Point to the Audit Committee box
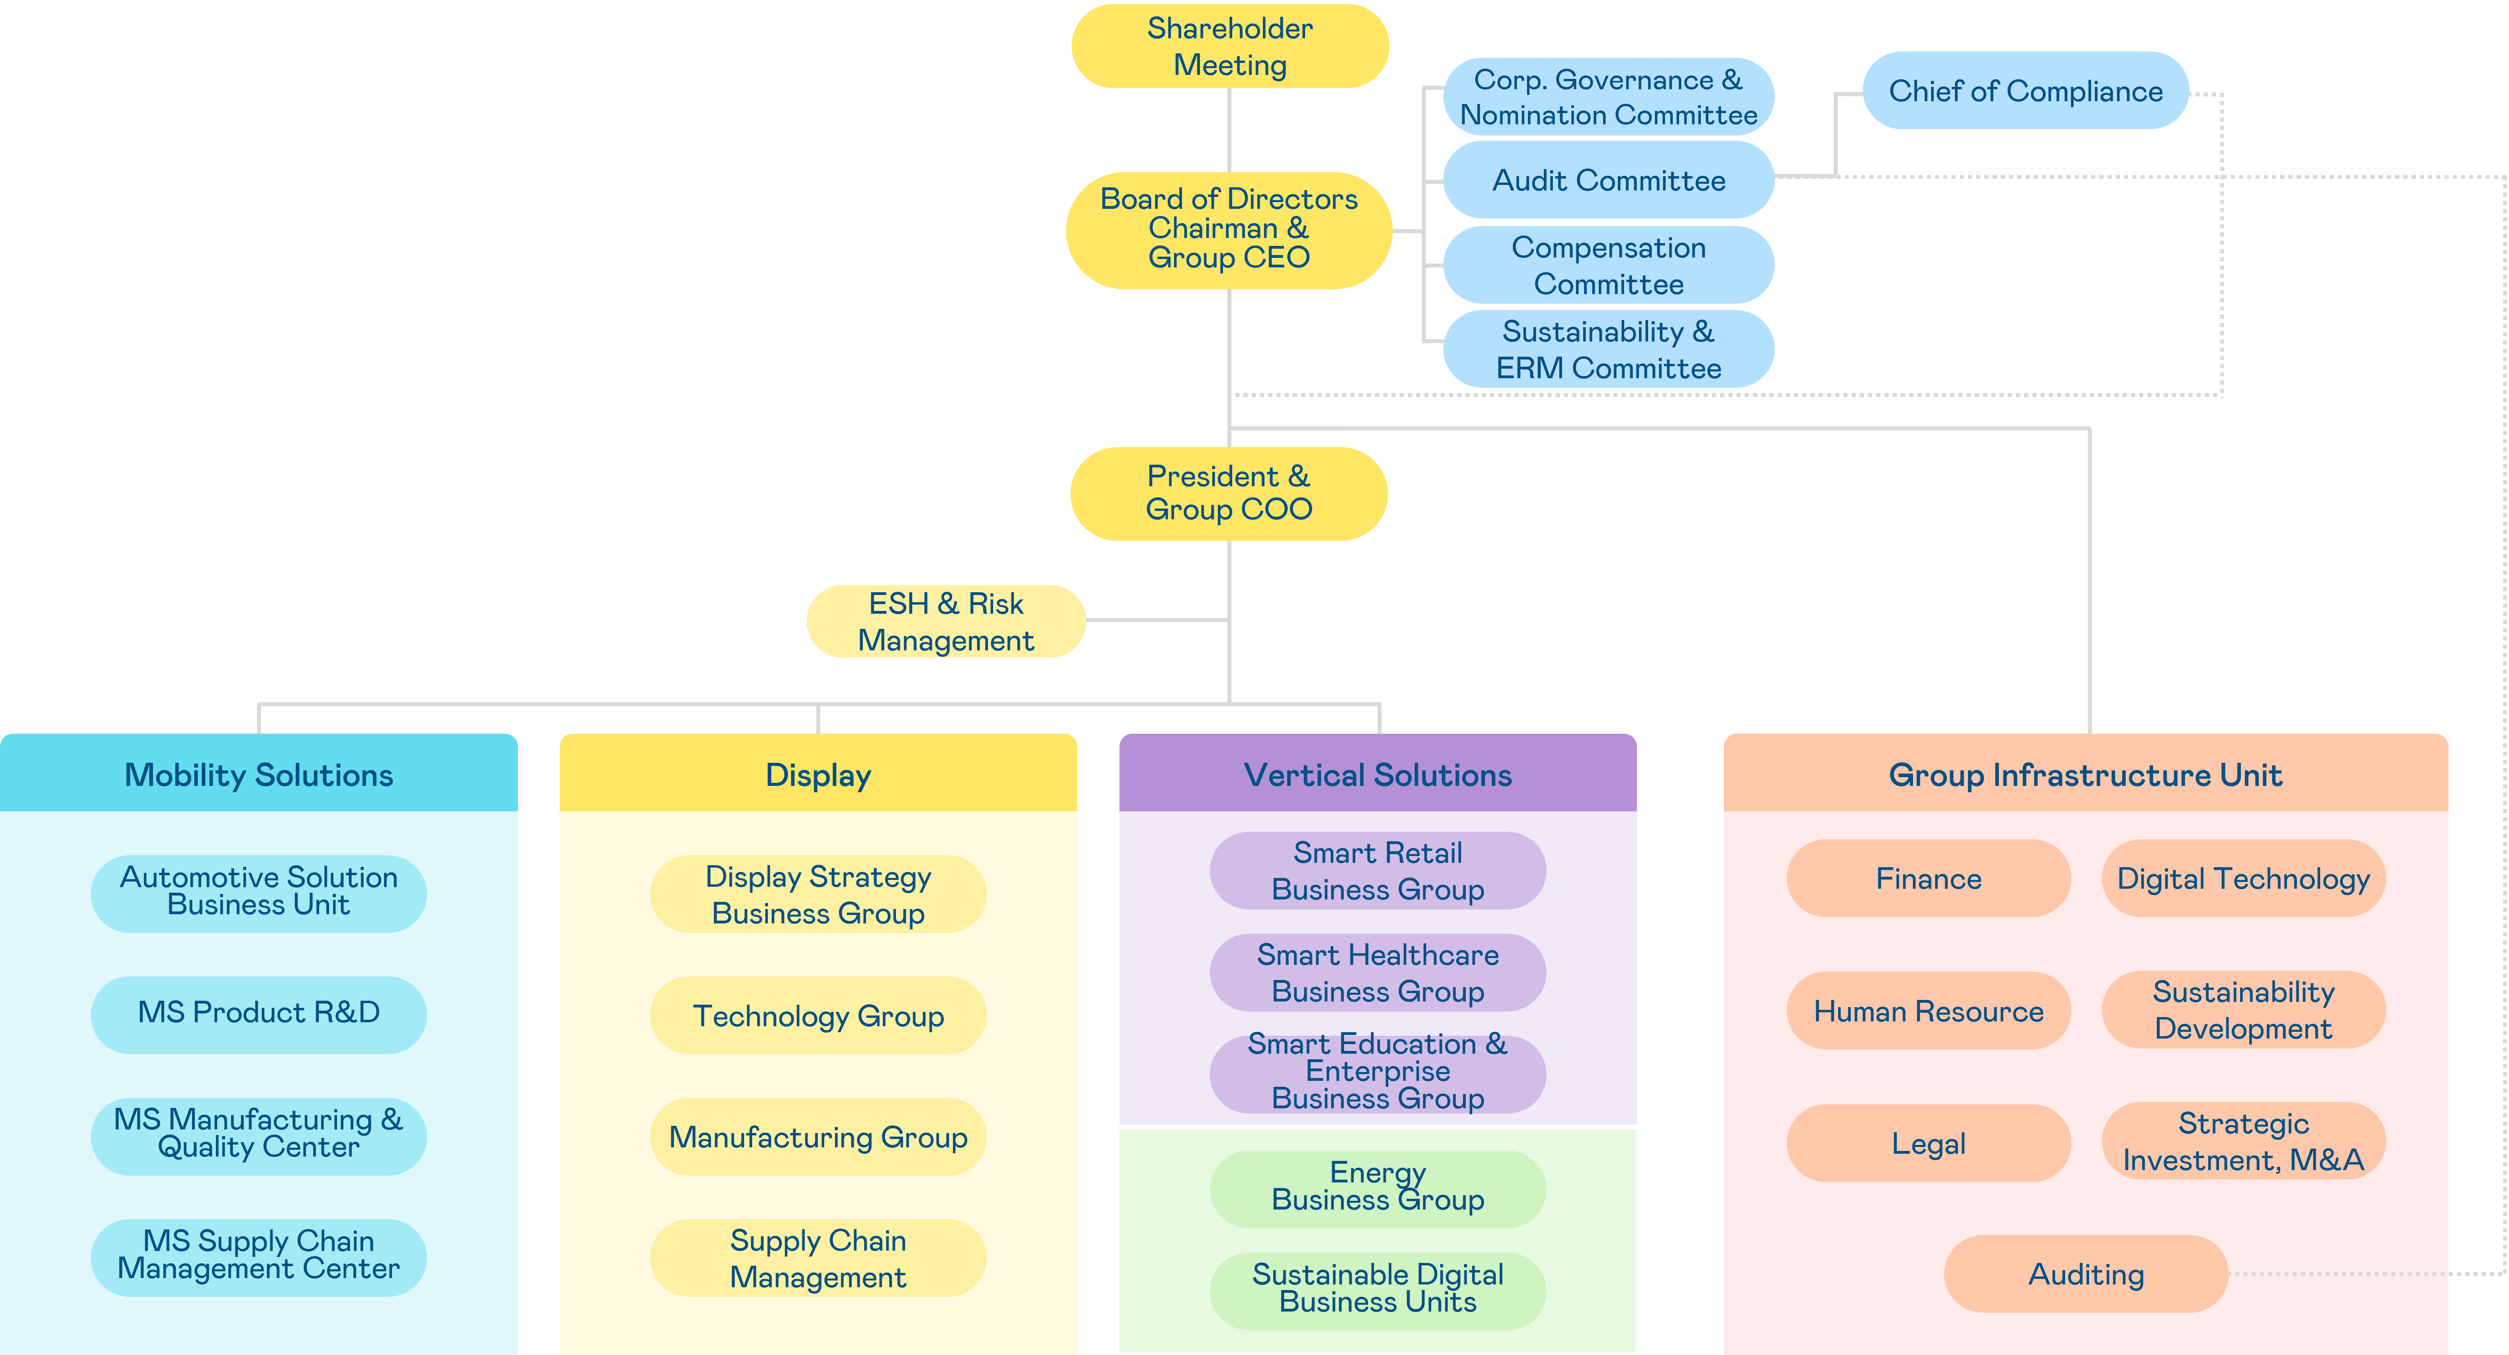coord(1608,180)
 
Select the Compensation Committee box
coord(1608,265)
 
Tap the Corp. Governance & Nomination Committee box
coord(1608,96)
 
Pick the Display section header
coord(818,774)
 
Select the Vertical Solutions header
coord(1377,774)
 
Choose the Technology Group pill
coord(818,1016)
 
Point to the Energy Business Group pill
coord(1377,1188)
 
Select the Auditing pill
coord(2085,1274)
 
